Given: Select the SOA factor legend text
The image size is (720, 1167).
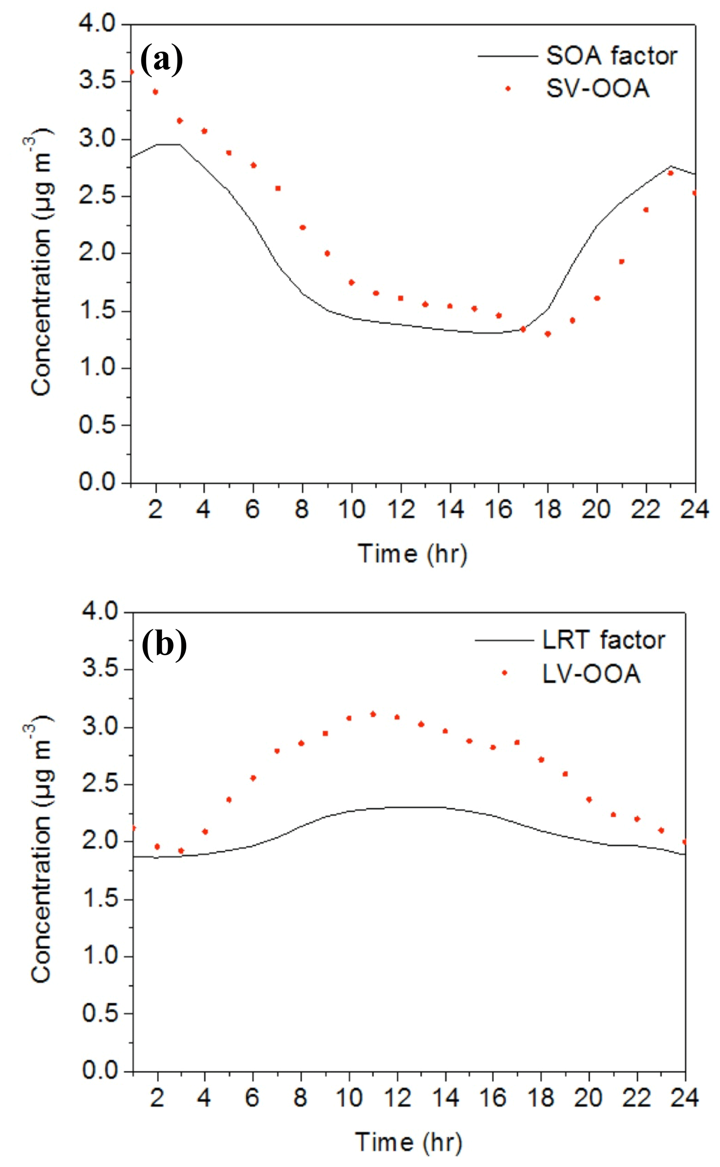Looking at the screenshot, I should [x=611, y=56].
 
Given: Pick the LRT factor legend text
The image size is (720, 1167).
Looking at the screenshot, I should [x=603, y=640].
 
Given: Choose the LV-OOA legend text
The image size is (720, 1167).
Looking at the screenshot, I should [x=591, y=674].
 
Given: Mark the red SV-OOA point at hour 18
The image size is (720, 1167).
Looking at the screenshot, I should [x=548, y=334].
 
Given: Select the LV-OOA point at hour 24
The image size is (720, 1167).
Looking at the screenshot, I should [x=685, y=842].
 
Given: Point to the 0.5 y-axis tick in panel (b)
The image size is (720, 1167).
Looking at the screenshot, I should [x=100, y=1014].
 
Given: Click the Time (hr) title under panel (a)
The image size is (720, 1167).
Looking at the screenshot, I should [x=412, y=553].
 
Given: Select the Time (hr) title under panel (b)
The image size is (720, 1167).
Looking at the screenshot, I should [x=409, y=1142].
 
